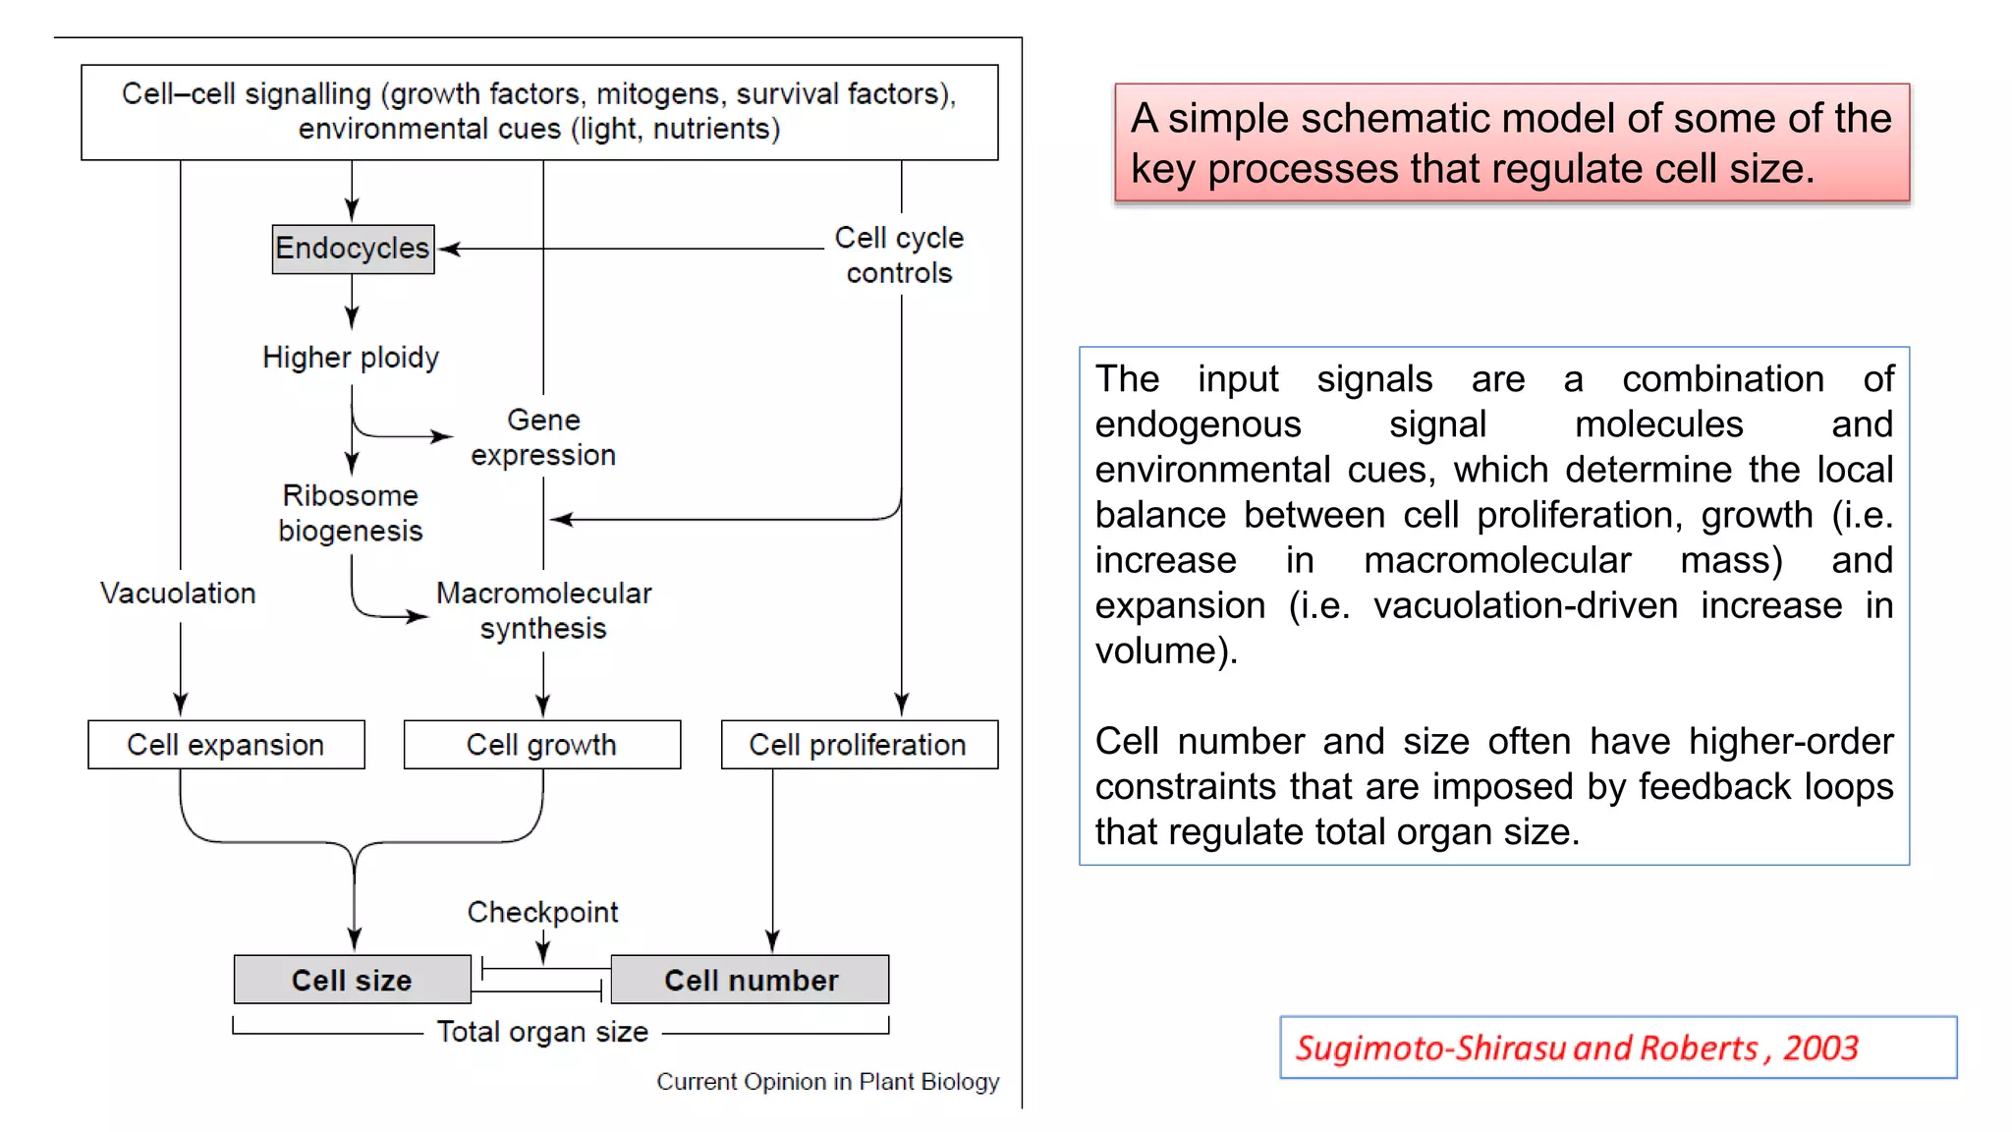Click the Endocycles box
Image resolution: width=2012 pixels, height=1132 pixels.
point(353,249)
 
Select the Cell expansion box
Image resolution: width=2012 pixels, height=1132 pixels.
point(226,745)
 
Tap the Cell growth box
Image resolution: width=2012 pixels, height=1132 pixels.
point(541,745)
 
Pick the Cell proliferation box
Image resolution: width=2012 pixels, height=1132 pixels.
point(859,745)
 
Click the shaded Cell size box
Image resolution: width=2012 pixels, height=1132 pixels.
point(352,980)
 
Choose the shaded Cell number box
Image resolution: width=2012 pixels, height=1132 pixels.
point(751,980)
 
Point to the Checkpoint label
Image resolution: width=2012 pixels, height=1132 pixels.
point(542,912)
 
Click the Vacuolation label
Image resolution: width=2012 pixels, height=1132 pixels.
point(178,594)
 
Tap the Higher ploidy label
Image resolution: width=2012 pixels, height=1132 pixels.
point(351,358)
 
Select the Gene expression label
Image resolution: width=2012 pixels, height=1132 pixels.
point(543,437)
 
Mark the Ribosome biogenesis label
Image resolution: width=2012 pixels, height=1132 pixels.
point(351,513)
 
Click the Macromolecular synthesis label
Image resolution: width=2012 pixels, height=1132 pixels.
point(543,610)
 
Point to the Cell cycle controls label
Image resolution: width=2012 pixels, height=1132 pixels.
point(899,255)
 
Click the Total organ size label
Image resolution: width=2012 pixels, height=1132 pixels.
point(542,1032)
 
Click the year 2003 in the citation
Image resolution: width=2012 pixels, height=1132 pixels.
point(1820,1048)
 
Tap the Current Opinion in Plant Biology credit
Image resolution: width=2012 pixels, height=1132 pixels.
point(827,1082)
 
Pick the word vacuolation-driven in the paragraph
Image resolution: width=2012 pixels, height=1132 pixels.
point(1526,605)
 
